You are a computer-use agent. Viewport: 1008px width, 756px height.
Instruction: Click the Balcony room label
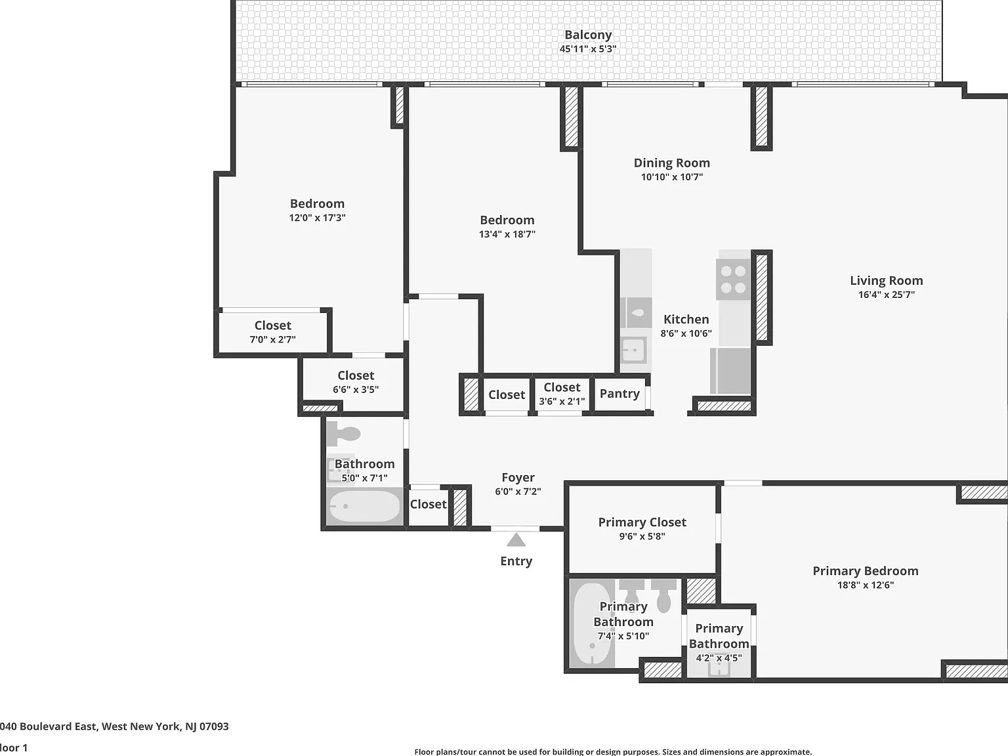point(588,35)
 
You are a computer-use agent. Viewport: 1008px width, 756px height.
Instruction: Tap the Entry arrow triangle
point(516,540)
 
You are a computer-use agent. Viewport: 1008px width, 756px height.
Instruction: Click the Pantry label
point(619,393)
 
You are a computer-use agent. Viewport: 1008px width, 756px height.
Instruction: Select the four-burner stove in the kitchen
point(733,279)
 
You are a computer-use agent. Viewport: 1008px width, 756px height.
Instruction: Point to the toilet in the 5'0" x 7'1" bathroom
point(344,434)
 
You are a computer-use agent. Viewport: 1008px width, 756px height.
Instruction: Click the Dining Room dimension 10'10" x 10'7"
point(672,177)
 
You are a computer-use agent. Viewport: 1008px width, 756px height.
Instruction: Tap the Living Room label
point(887,280)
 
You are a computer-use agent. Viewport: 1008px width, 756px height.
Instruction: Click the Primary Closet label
point(642,522)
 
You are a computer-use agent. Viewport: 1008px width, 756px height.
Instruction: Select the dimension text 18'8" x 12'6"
point(866,585)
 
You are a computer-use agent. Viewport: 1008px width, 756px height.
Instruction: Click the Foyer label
point(518,477)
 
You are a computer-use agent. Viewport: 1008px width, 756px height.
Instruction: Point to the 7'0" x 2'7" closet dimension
point(273,339)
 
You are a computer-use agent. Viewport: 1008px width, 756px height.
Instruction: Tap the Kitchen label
point(686,319)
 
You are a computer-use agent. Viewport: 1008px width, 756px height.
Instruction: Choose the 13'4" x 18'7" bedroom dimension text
point(507,234)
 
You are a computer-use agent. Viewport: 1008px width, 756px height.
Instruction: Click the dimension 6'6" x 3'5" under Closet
point(356,389)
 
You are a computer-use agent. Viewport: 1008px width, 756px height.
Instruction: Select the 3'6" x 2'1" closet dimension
point(562,401)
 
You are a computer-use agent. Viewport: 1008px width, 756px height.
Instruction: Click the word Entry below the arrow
point(516,561)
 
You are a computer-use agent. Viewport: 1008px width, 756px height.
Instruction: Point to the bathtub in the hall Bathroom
point(365,506)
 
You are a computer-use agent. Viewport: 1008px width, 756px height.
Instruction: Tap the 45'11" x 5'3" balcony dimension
point(588,49)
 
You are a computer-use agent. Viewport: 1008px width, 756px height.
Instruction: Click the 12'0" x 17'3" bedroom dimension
point(318,218)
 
